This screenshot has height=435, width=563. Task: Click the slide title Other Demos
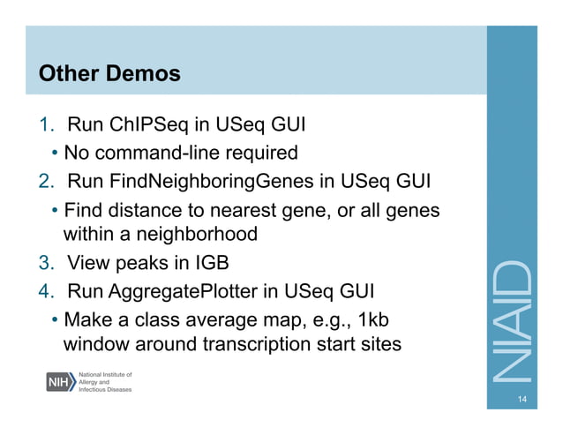pos(110,73)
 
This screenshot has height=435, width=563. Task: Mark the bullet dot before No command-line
pos(55,154)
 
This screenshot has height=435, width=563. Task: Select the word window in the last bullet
pos(94,344)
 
